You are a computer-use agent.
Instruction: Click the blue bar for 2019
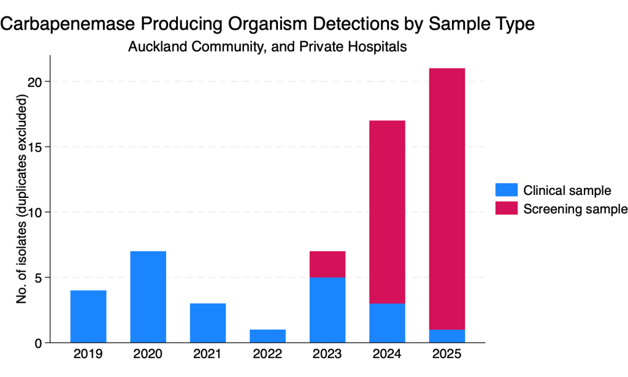88,316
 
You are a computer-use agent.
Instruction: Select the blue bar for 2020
148,297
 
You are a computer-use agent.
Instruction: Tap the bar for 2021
208,323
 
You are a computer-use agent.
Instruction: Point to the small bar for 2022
267,336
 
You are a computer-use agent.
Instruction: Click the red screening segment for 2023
327,264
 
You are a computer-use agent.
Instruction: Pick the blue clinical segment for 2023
327,310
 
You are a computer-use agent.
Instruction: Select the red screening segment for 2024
388,212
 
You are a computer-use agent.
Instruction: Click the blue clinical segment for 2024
388,323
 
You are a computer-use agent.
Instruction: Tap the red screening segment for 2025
447,199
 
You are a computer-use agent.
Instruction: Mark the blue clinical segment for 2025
447,336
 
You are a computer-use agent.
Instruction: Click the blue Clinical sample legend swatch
506,189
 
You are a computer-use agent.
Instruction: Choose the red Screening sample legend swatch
506,208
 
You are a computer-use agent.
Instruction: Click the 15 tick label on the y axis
35,147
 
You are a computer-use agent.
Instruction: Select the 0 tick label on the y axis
39,343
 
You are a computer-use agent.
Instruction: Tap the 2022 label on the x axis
267,354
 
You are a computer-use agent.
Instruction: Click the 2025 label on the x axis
447,354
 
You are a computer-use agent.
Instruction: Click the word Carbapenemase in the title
67,24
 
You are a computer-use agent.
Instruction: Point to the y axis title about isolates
21,199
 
